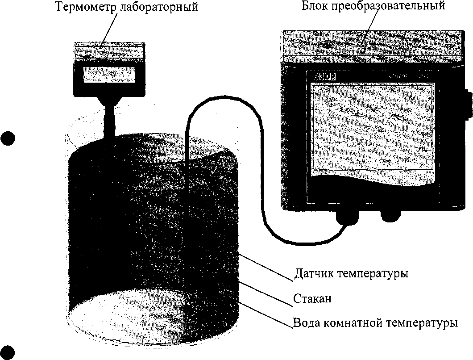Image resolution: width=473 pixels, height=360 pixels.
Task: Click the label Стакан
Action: point(312,298)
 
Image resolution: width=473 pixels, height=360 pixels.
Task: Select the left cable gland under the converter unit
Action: point(347,218)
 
